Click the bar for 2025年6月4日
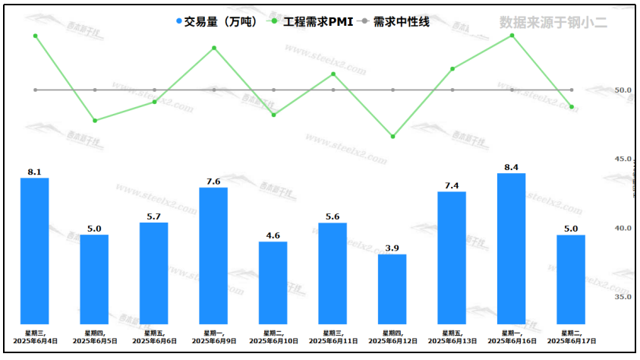[34, 251]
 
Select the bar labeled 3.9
[393, 289]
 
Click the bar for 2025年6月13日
[452, 257]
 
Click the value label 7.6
[213, 182]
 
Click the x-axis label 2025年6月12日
[393, 341]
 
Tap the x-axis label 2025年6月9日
[213, 341]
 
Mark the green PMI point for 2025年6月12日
[393, 137]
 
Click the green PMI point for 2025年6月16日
[512, 35]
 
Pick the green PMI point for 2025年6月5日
[95, 121]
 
